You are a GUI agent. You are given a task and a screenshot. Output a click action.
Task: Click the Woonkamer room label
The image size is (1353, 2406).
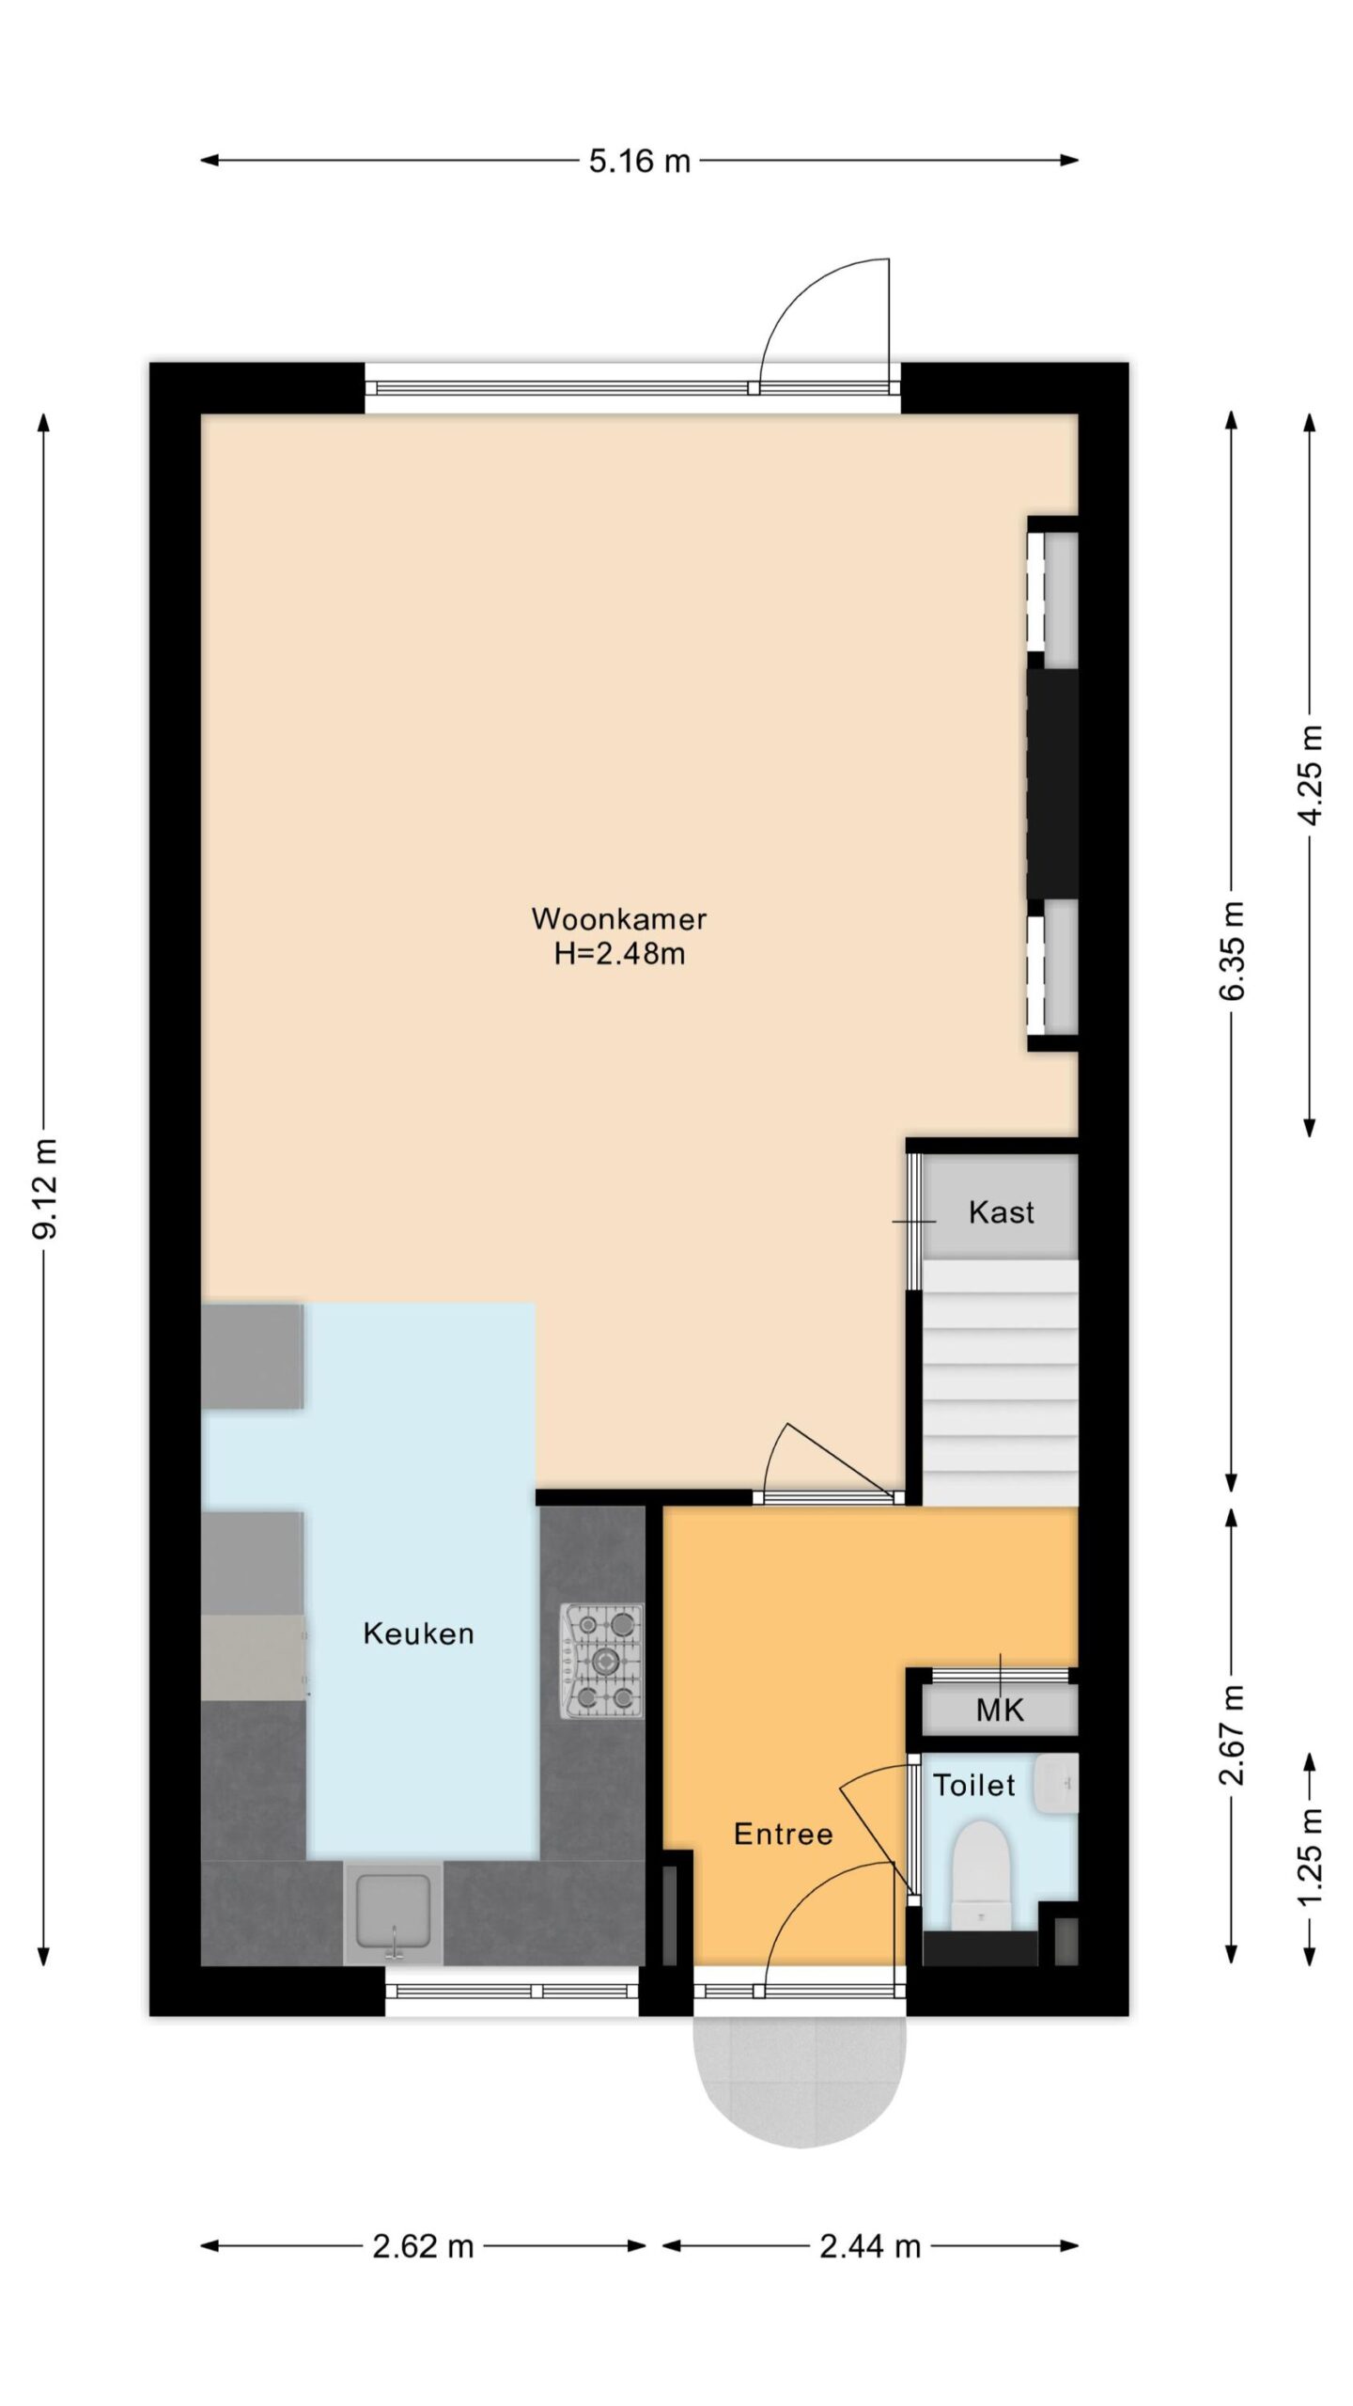(618, 918)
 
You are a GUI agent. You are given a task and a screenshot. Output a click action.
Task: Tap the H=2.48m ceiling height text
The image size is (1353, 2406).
(618, 954)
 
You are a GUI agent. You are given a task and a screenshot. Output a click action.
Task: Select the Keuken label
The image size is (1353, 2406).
(418, 1633)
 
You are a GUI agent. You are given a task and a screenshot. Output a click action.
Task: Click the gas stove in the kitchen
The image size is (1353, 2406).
(602, 1661)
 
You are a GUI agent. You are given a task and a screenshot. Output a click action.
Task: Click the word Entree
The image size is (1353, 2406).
(783, 1834)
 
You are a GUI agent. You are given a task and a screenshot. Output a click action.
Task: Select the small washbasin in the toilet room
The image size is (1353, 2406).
(1056, 1784)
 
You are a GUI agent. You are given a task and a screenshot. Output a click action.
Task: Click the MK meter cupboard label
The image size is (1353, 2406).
(1000, 1710)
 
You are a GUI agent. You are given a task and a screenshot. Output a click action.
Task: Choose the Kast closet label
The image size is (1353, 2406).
(1001, 1212)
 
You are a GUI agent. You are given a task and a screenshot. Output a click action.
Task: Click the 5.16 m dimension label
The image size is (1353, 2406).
(640, 161)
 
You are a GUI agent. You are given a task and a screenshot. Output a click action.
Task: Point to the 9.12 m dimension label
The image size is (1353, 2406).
(44, 1189)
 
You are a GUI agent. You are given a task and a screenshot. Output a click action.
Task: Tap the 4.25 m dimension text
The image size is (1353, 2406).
(1310, 774)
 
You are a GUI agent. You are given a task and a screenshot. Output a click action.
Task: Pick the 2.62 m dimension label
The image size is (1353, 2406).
(423, 2246)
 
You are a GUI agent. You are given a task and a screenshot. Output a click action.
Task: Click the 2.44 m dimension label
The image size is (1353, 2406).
(870, 2246)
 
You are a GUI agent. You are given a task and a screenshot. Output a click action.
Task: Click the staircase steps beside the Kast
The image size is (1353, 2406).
(1000, 1383)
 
